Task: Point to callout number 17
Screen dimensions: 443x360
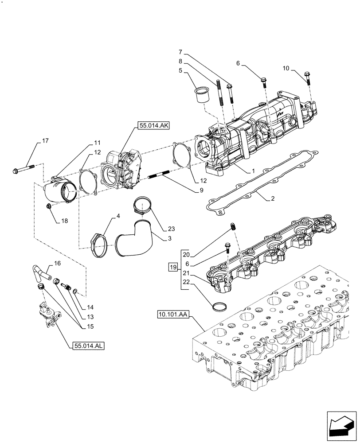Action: [45, 141]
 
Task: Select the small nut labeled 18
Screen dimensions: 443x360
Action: [49, 206]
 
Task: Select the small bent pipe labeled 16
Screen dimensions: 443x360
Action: [40, 271]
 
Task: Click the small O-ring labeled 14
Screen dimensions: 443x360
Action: [75, 291]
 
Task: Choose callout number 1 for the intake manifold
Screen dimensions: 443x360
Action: [253, 171]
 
